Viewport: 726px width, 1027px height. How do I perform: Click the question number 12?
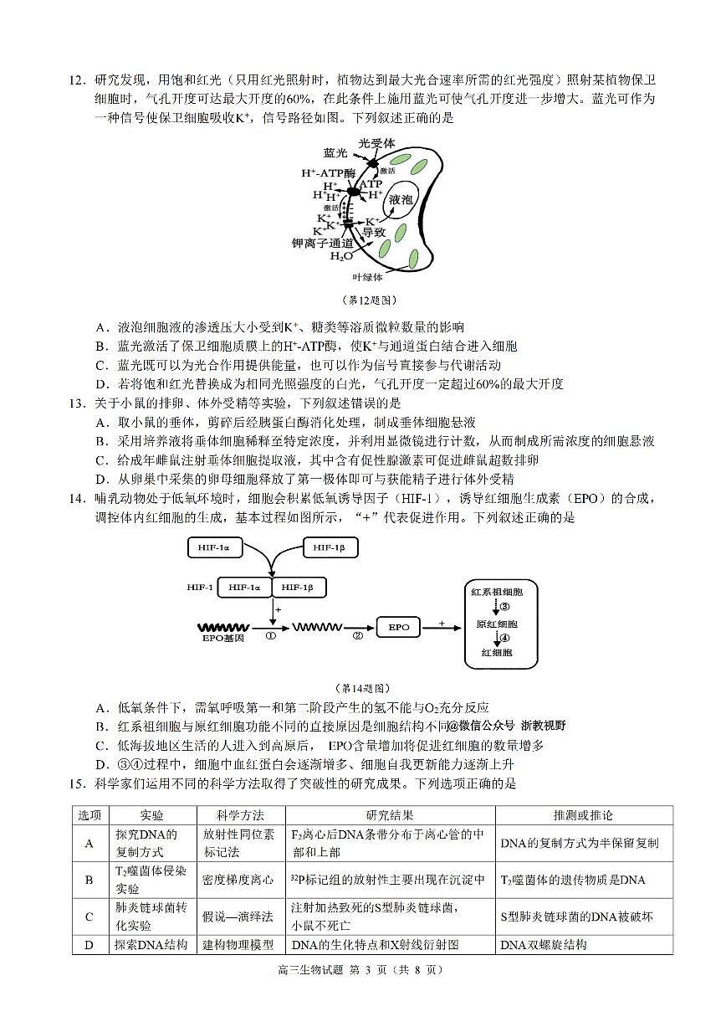coord(77,81)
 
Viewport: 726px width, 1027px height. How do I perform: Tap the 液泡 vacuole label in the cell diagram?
coord(401,200)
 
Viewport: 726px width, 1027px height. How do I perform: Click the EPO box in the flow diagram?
coord(399,626)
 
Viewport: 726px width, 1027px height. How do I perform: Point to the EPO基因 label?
coord(223,639)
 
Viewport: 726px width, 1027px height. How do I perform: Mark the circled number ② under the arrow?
coord(358,636)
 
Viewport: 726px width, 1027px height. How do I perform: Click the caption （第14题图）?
coord(362,688)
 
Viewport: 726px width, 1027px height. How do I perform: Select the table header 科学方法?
coord(240,815)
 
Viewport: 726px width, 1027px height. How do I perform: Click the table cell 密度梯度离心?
coord(238,880)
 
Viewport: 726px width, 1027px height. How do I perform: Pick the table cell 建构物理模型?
coord(238,944)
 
